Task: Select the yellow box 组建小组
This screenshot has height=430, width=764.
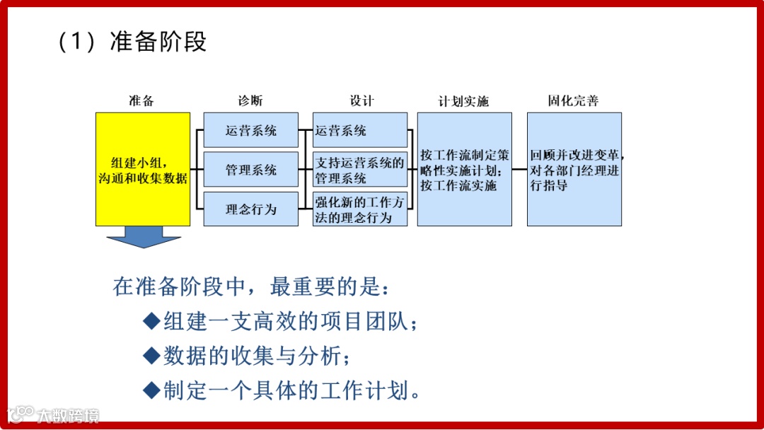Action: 143,169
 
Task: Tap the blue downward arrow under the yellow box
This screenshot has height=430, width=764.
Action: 144,237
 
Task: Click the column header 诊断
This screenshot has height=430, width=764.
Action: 250,100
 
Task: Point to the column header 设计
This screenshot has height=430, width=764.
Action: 361,100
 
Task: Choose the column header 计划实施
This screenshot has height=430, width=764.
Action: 463,101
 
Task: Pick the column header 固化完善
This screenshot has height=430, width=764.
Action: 573,100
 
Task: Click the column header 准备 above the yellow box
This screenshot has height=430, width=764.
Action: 141,100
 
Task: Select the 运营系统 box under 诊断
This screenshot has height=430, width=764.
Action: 251,130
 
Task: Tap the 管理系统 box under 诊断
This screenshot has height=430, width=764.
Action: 251,170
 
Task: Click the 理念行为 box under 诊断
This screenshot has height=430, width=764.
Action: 251,209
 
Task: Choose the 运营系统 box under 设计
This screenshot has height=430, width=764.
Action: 360,130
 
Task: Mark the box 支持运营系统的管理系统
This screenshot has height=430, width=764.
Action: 360,170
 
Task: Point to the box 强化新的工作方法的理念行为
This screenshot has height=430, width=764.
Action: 360,209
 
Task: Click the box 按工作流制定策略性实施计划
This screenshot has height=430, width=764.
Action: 464,170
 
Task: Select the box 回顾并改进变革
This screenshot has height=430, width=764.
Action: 574,170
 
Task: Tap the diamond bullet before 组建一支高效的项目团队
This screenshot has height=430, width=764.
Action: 152,322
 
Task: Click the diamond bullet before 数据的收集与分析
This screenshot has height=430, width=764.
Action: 152,356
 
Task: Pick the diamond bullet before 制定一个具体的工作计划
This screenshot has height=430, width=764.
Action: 152,390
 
